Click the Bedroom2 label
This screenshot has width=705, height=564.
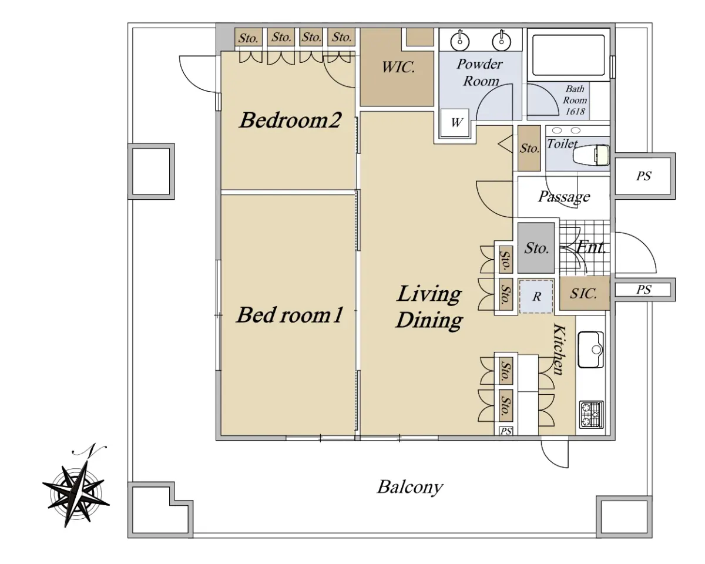pos(290,120)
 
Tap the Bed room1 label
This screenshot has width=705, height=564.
pos(290,315)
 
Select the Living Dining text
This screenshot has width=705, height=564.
pos(429,307)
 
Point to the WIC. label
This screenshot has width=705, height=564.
pos(398,68)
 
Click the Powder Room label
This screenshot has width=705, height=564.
pos(480,72)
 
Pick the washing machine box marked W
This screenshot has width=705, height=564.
pos(455,123)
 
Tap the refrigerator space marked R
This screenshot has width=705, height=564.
pos(536,296)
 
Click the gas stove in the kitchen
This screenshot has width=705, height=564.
pos(592,415)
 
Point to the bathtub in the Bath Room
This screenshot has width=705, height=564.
pos(568,55)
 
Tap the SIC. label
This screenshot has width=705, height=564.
pos(583,294)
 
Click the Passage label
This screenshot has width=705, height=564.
pos(564,197)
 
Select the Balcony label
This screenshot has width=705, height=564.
pos(410,487)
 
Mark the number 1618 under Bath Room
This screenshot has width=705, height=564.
pos(575,112)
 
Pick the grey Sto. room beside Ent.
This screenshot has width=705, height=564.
pos(536,248)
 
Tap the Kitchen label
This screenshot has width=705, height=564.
pos(559,350)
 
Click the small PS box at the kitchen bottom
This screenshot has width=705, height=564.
pos(506,431)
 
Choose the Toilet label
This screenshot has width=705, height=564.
pos(562,143)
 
